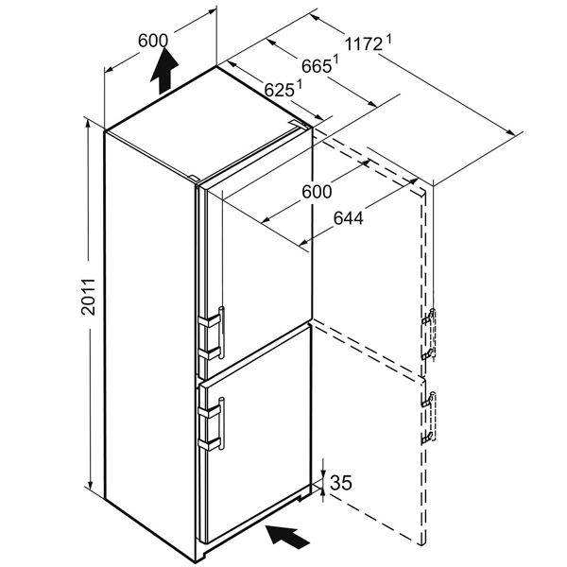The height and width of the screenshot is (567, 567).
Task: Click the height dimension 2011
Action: (88, 297)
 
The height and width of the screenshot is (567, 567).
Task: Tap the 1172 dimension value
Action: (363, 44)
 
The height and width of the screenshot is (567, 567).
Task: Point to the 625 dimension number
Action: (279, 90)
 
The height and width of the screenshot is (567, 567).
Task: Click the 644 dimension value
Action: (348, 218)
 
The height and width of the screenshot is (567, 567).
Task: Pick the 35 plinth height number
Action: (341, 482)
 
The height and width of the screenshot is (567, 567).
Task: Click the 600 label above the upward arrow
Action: (153, 41)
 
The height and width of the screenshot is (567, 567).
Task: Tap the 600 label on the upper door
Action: (317, 192)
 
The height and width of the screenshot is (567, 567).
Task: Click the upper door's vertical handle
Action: (222, 333)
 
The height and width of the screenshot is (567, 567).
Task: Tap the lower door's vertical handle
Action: (222, 423)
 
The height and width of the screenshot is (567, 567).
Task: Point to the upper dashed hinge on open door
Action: (429, 334)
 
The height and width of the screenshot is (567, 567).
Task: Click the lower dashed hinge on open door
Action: (429, 418)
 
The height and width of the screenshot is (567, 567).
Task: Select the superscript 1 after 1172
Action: (389, 39)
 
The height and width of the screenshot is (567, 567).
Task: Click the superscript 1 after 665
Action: (335, 59)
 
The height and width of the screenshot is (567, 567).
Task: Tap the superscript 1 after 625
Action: (299, 83)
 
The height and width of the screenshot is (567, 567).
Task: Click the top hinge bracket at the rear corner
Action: (300, 124)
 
